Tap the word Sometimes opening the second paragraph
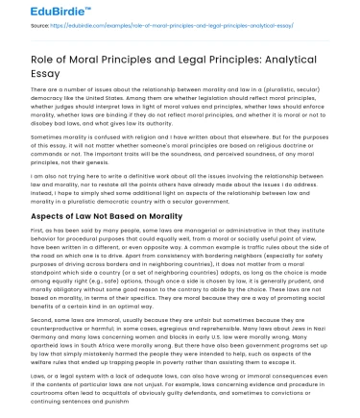click(x=36, y=139)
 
